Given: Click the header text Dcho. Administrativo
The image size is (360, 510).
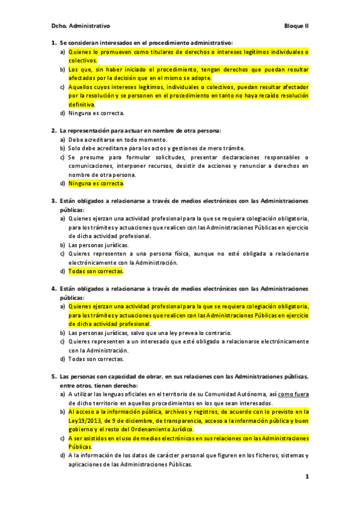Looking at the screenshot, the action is (81, 26).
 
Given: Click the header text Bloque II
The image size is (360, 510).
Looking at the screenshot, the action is (296, 26).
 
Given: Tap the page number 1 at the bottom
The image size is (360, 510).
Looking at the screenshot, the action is (307, 477).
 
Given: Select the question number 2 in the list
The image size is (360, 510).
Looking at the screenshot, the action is (53, 131).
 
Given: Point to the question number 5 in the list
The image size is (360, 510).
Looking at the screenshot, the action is (53, 376).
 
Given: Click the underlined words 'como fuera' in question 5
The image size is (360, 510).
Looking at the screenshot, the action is (294, 394).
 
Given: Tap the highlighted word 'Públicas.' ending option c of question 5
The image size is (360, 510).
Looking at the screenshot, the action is (80, 447).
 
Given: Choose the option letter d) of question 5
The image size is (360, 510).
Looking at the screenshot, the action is (63, 456).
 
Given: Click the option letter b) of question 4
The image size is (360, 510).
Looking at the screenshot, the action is (63, 333).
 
